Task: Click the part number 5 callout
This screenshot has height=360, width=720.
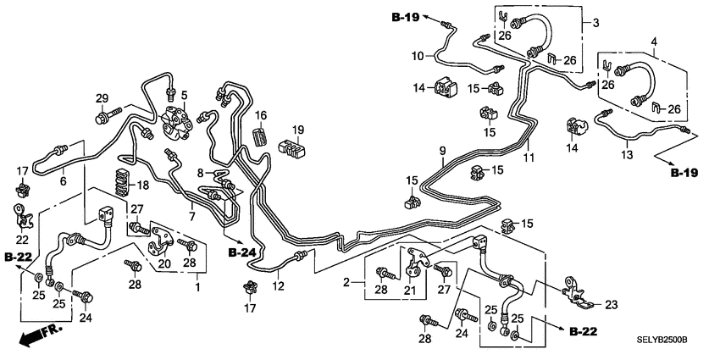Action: click(184, 96)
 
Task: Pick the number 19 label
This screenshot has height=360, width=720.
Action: click(298, 130)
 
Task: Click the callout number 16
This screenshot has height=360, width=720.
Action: click(261, 114)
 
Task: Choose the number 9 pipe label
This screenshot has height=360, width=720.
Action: click(441, 151)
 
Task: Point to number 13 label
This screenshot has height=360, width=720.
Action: click(628, 155)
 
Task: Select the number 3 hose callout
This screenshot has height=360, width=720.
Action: click(595, 22)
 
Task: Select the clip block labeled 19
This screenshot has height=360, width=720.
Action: click(292, 149)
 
